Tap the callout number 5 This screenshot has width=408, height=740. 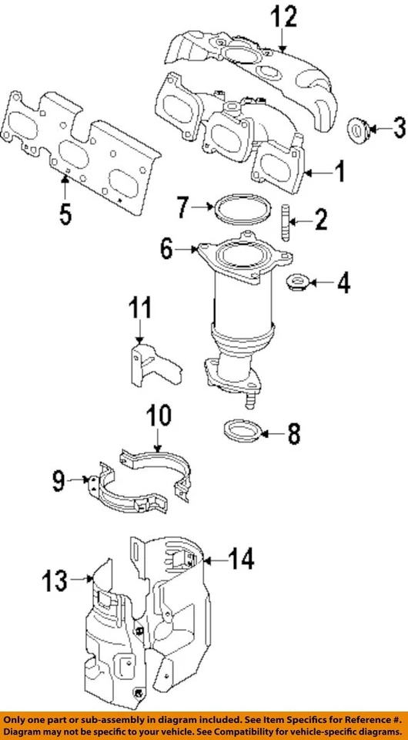point(65,212)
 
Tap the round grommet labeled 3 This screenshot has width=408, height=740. point(359,132)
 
